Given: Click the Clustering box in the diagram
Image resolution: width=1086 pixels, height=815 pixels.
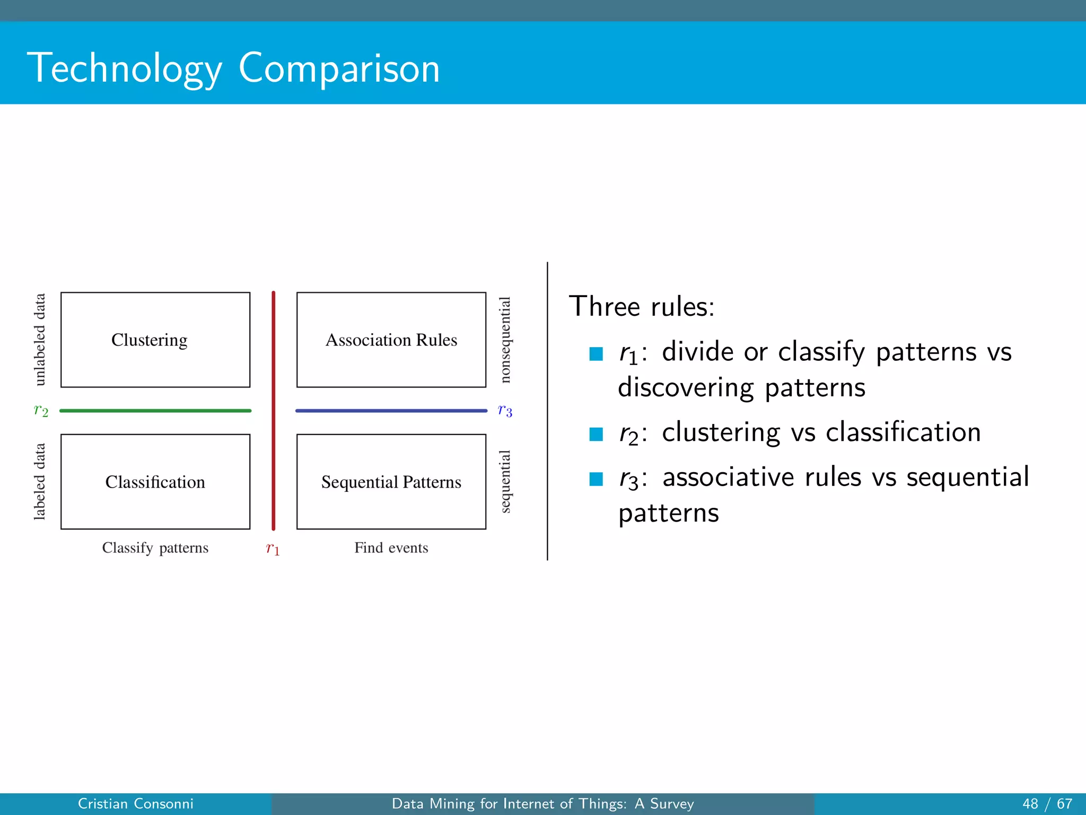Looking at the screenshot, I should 155,340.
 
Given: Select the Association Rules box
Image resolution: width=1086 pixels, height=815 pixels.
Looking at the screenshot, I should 391,340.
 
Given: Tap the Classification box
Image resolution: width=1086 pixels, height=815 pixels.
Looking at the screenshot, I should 155,481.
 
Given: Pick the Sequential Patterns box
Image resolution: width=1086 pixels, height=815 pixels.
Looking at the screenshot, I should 391,481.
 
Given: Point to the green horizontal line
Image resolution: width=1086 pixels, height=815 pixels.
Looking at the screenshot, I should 155,411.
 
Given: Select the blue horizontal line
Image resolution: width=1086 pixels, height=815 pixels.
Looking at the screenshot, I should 391,411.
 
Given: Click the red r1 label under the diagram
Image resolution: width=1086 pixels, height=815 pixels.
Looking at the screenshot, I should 273,548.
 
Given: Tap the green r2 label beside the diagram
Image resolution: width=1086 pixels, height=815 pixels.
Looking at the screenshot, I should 41,411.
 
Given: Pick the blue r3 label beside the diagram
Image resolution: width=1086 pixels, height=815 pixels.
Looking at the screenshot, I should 505,411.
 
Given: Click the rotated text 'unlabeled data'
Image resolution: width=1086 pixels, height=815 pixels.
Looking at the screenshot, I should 40,340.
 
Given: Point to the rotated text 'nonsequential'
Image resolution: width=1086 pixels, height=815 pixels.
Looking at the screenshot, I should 505,340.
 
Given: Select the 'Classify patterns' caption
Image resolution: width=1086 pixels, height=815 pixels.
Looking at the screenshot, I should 155,548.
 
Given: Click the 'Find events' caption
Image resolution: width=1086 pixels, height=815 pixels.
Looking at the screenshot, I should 391,548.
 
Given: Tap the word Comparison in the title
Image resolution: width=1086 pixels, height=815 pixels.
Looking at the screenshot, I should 339,69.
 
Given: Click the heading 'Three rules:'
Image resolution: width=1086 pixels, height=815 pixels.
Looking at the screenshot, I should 642,307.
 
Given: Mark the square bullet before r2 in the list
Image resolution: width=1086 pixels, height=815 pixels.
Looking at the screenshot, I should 596,434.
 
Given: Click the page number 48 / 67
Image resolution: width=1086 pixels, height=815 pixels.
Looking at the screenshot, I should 1047,804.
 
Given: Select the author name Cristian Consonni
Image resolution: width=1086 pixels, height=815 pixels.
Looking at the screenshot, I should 136,804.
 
